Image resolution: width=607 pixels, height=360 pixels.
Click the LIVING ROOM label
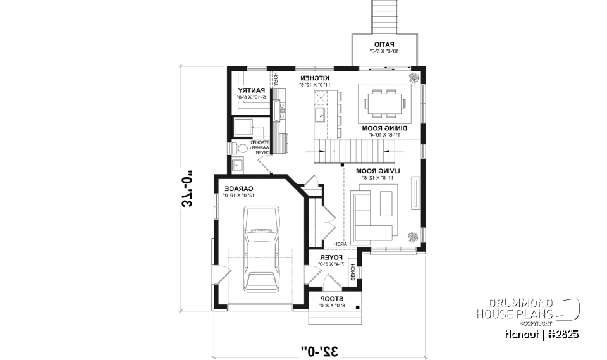[376, 171]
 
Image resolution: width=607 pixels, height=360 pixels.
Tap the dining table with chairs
[384, 103]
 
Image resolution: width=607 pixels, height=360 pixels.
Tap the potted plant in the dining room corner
[414, 78]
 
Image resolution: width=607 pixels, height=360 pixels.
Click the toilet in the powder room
[242, 148]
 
